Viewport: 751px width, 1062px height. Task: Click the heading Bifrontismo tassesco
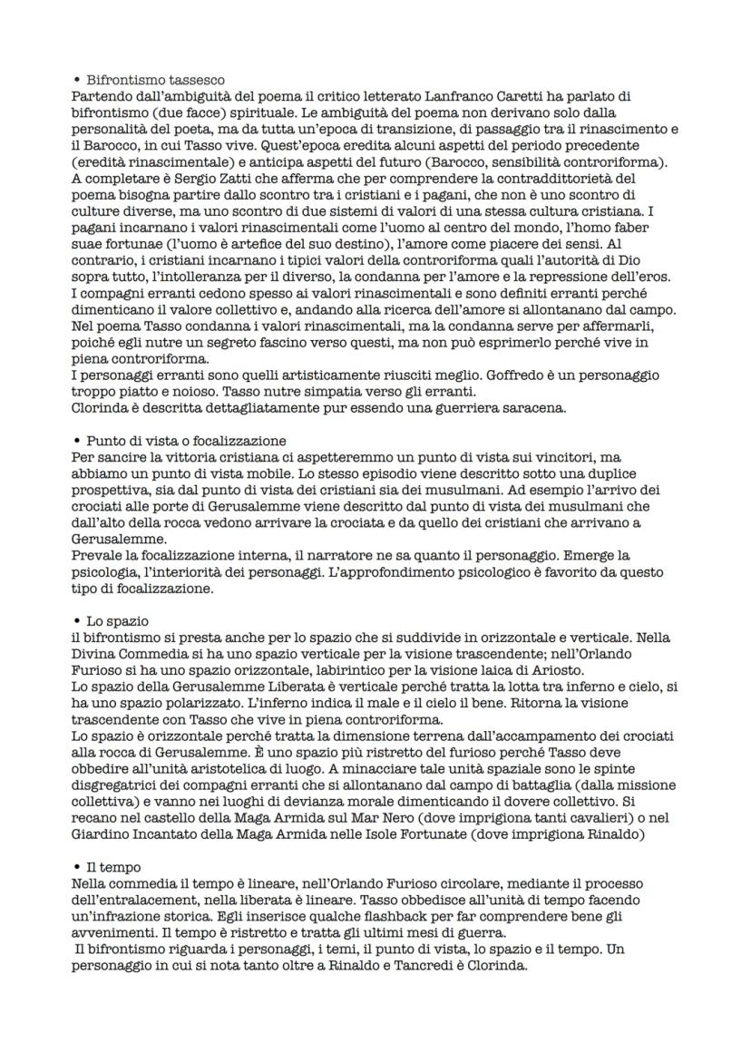tap(155, 81)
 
